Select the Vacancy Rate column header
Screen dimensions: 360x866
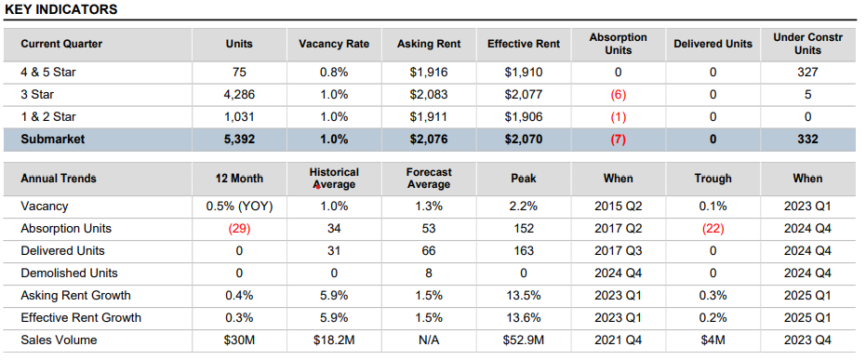pos(334,44)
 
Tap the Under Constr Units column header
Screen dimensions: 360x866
pos(807,44)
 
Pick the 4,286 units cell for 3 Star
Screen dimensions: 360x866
pos(238,94)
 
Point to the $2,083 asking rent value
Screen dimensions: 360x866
pos(429,94)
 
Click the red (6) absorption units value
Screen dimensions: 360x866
pos(619,94)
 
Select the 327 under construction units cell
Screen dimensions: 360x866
pos(807,72)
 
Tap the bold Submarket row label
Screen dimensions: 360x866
pos(54,140)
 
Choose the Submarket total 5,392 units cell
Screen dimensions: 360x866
pos(238,140)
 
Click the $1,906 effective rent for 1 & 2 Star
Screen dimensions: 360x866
pos(524,116)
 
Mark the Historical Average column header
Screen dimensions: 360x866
pos(334,178)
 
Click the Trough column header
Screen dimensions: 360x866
pos(713,178)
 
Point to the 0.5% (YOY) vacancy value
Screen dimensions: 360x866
pos(238,206)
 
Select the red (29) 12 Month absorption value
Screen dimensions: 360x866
pos(238,228)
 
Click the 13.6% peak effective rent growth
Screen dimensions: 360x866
pos(524,317)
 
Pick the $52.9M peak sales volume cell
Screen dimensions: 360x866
pos(524,340)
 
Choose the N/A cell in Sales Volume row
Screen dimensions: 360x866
pos(429,340)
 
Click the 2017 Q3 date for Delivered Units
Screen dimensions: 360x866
pos(619,250)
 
